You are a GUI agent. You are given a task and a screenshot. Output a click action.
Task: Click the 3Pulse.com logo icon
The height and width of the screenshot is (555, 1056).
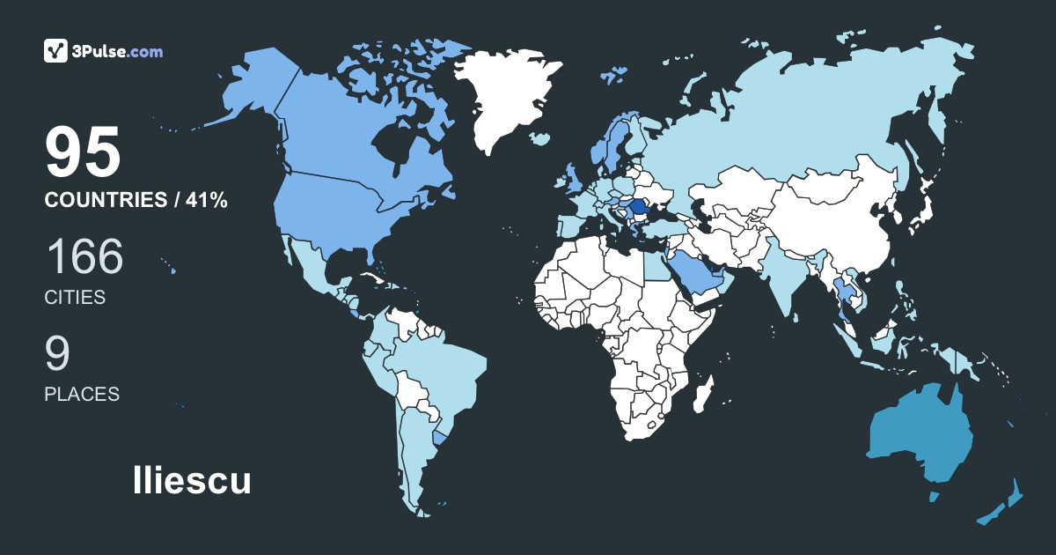pyautogui.click(x=56, y=51)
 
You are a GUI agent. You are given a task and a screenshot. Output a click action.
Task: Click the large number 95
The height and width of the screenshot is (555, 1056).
pyautogui.click(x=83, y=152)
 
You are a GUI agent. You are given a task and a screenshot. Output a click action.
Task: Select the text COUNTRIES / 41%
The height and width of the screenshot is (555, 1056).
pyautogui.click(x=136, y=201)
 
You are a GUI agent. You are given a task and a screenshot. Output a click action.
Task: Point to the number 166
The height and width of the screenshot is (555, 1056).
pyautogui.click(x=84, y=256)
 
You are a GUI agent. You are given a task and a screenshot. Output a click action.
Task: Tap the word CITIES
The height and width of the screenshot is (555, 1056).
pyautogui.click(x=75, y=298)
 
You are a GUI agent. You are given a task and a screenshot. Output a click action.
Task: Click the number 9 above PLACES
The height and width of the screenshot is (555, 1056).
pyautogui.click(x=57, y=353)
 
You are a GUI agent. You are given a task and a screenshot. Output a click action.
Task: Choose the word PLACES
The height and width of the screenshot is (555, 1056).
pyautogui.click(x=82, y=395)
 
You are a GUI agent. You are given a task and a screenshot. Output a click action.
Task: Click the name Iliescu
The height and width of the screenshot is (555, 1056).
pyautogui.click(x=192, y=481)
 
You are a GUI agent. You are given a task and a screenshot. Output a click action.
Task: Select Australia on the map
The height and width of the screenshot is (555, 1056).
pyautogui.click(x=920, y=436)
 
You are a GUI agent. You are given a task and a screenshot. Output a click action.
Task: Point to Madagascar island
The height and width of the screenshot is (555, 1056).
pyautogui.click(x=702, y=394)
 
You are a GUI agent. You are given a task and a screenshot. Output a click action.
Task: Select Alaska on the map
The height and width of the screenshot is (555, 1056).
pyautogui.click(x=251, y=88)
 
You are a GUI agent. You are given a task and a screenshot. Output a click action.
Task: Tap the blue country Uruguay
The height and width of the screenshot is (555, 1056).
pyautogui.click(x=442, y=436)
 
